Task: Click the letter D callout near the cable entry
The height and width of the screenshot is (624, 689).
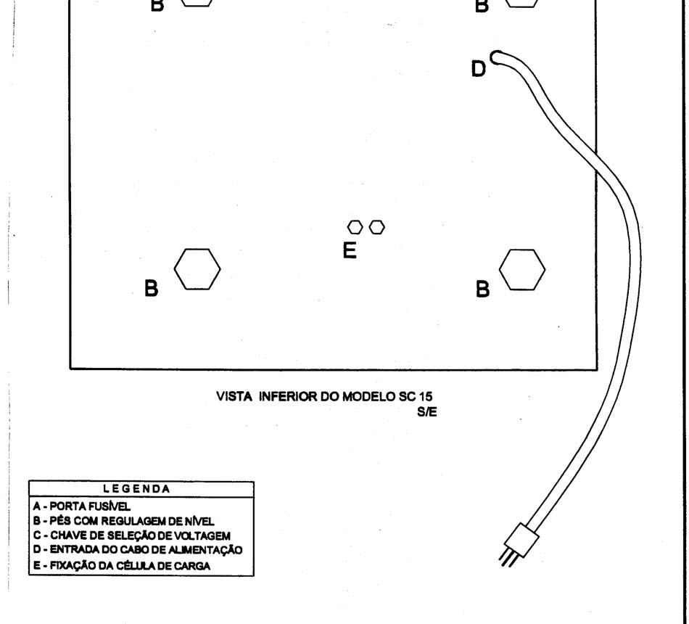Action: click(x=479, y=69)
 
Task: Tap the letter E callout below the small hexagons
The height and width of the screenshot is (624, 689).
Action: click(x=350, y=250)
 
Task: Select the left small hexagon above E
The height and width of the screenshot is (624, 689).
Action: click(x=355, y=227)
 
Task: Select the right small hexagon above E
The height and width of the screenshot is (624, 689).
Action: click(x=376, y=227)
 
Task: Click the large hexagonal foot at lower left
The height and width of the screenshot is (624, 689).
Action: click(x=197, y=269)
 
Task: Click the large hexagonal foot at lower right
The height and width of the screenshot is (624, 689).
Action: click(x=522, y=270)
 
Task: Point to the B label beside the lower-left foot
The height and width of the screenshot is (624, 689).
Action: click(x=151, y=289)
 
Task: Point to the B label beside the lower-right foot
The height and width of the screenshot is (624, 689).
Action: click(x=482, y=290)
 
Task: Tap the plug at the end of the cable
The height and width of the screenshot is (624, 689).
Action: click(x=521, y=540)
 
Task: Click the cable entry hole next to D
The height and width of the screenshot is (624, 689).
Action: click(x=497, y=57)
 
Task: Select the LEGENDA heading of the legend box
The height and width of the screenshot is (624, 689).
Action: click(x=136, y=489)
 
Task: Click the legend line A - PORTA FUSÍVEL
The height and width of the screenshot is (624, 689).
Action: click(x=82, y=506)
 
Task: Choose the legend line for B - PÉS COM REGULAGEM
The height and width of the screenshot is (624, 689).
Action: click(x=123, y=521)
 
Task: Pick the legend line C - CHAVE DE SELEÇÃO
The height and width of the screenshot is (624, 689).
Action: click(x=132, y=535)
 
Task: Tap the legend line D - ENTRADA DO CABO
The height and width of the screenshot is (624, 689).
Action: click(x=138, y=550)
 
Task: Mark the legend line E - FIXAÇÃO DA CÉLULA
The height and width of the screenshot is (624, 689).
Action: click(x=122, y=565)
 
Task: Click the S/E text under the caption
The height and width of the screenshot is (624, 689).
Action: click(x=427, y=412)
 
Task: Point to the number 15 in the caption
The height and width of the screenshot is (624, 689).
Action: click(x=426, y=397)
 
